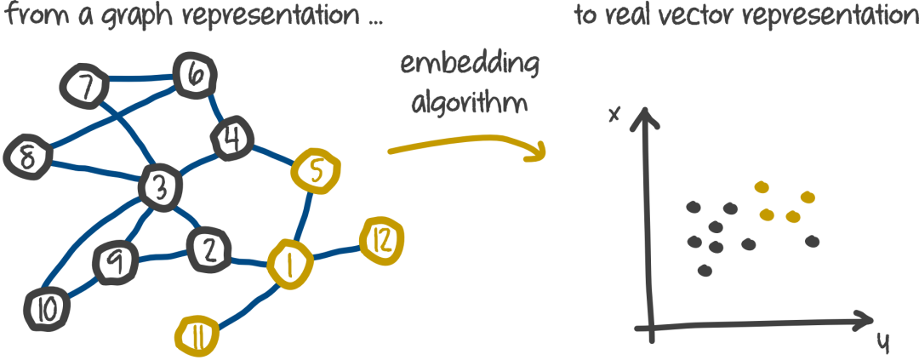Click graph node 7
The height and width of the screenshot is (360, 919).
pyautogui.click(x=84, y=85)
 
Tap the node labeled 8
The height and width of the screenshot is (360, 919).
pyautogui.click(x=26, y=157)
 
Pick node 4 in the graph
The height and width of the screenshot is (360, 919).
pyautogui.click(x=229, y=139)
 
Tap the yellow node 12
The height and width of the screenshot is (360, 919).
pyautogui.click(x=382, y=242)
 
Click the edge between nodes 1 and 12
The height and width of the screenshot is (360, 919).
pyautogui.click(x=336, y=253)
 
